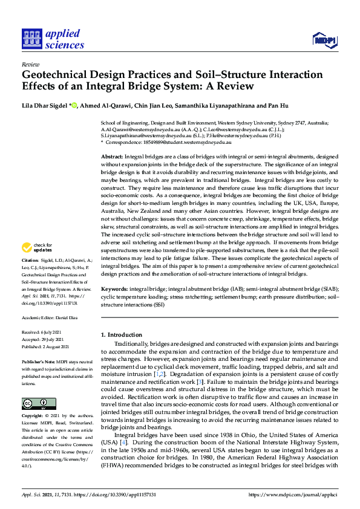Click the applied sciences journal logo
[53, 38]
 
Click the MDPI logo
[325, 40]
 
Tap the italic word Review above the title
[30, 64]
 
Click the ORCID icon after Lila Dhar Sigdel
[74, 105]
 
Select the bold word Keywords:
[114, 290]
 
